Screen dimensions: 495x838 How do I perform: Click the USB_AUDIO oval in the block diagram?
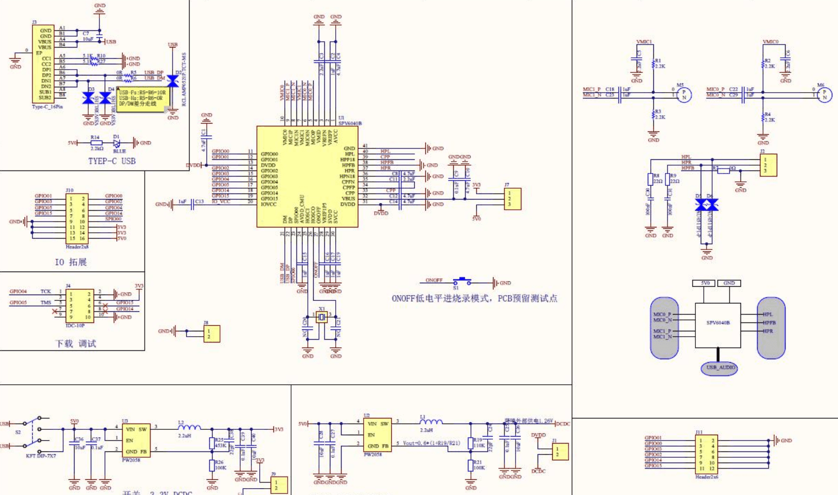(x=719, y=368)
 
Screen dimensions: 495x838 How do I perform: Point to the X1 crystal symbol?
(x=321, y=318)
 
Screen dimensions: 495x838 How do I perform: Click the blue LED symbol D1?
(x=117, y=143)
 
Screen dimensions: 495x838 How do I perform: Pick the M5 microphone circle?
(x=684, y=95)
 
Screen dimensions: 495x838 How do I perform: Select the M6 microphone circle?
(x=825, y=95)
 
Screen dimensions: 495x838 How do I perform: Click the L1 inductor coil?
(x=431, y=421)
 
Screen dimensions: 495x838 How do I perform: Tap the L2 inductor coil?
(x=189, y=427)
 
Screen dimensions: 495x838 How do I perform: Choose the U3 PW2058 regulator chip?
(x=136, y=441)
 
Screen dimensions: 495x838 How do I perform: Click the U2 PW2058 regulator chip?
(x=377, y=435)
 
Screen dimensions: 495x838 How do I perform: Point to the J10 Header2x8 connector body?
(x=77, y=218)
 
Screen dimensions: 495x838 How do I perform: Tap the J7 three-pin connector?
(x=513, y=199)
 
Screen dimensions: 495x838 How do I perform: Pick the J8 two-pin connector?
(x=212, y=334)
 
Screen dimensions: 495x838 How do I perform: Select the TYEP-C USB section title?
(x=112, y=161)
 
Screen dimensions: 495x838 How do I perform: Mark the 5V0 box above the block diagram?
(x=705, y=283)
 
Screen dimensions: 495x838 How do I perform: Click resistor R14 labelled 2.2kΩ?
(x=97, y=143)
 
